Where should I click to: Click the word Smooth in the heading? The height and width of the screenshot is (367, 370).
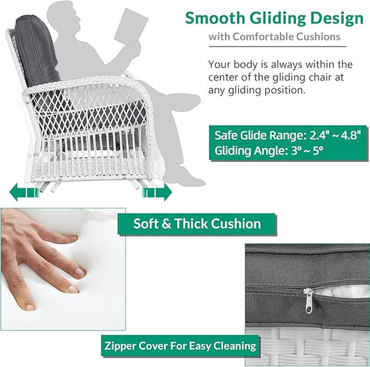click(x=215, y=18)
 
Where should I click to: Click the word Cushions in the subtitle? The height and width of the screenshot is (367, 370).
click(x=318, y=37)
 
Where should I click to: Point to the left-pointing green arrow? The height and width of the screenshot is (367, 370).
click(x=24, y=192)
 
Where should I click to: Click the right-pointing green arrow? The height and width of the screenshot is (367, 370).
click(x=157, y=193)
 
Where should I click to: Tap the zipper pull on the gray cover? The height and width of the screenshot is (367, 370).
click(x=308, y=301)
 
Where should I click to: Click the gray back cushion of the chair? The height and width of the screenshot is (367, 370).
click(x=37, y=51)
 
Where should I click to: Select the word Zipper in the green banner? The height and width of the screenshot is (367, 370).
click(x=120, y=346)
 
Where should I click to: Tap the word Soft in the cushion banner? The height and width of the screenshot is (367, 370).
click(x=146, y=224)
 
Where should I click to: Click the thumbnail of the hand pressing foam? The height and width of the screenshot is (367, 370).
click(x=63, y=269)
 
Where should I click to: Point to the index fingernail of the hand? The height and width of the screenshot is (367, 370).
click(x=72, y=238)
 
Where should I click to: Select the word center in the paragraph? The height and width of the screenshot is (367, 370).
click(x=224, y=78)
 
